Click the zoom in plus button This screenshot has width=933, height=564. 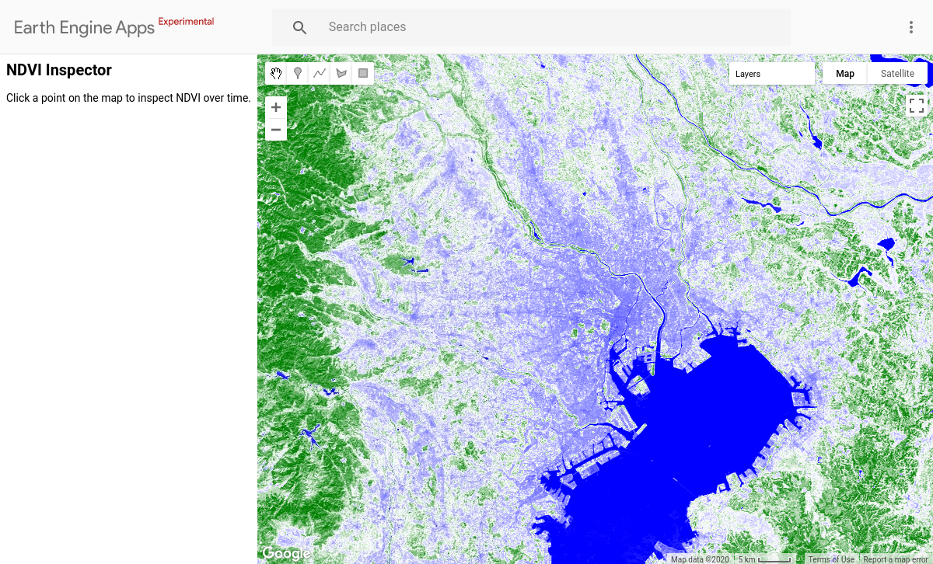tap(276, 107)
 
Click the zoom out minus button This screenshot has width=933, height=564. tap(276, 130)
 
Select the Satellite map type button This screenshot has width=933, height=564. tap(897, 74)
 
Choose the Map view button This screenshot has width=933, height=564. tap(845, 74)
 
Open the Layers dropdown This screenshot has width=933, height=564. tap(771, 74)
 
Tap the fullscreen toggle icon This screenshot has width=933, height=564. tap(917, 105)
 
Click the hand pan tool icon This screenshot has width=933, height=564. tap(276, 73)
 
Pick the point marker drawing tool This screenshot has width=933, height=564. tap(298, 73)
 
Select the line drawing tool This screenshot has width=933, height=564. tap(320, 73)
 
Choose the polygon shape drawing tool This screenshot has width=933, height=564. tap(341, 73)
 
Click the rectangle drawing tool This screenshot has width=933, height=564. tap(362, 73)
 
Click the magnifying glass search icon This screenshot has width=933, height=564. tap(300, 27)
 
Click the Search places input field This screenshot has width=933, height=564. tap(544, 27)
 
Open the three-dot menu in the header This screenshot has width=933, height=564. tap(911, 27)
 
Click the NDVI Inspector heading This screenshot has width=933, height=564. tap(59, 70)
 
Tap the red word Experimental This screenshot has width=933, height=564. tap(186, 22)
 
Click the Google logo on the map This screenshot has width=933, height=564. tap(285, 553)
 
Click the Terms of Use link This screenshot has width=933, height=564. tap(830, 559)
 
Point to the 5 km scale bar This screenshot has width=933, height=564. tap(765, 559)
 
